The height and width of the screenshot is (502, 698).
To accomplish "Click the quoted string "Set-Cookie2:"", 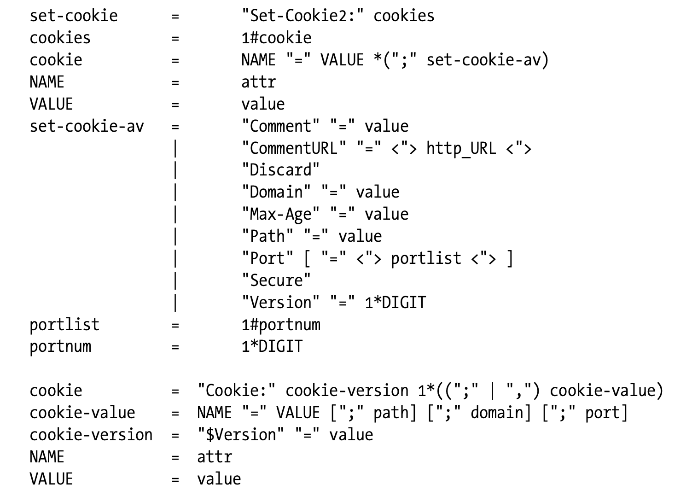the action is point(303,16).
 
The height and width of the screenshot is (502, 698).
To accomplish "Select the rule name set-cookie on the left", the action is point(74,16).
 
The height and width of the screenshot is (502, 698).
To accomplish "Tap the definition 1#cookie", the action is point(276,38).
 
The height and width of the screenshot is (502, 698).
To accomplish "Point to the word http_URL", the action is point(461,148).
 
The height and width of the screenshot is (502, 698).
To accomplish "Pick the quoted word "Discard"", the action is point(280,170).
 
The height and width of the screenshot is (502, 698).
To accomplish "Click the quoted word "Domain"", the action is point(276,192).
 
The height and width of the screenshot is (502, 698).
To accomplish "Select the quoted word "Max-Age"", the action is point(280,214).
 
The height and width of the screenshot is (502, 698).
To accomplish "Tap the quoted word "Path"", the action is point(268,236).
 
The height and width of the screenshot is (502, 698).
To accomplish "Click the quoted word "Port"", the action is point(268,258).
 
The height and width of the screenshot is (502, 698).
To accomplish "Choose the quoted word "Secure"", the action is point(276,280).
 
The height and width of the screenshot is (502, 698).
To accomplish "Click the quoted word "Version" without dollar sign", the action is point(280,303).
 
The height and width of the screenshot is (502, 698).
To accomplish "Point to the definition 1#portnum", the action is point(281,325).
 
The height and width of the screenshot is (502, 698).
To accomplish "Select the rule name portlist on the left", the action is point(64,325).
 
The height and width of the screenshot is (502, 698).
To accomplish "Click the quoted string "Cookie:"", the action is point(237,391).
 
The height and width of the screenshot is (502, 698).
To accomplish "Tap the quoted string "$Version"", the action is point(238,435).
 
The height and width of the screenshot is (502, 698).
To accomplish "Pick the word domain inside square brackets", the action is point(497,413).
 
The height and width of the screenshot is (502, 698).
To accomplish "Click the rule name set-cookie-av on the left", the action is point(87,126).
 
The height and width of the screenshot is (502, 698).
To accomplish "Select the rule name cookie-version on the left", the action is point(91,435).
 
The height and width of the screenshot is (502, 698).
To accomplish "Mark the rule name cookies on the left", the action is point(60,38).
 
